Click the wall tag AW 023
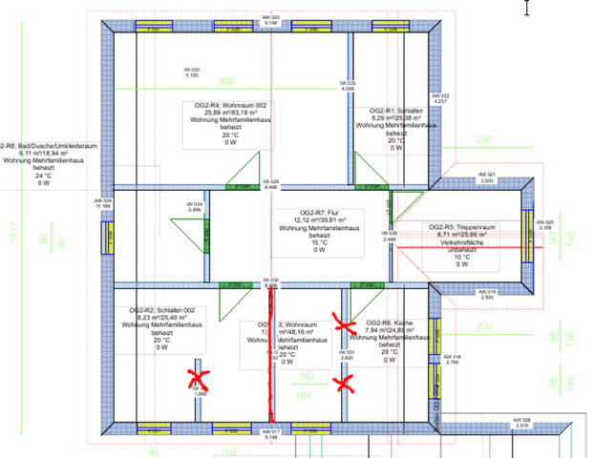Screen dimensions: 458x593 [271, 20]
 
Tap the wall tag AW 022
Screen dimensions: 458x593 [440, 97]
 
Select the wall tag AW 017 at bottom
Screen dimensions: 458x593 [271, 434]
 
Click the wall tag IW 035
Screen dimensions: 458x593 [349, 85]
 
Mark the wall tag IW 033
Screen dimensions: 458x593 [192, 72]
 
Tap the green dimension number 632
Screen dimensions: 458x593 [227, 82]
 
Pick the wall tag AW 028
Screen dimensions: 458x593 [522, 422]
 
